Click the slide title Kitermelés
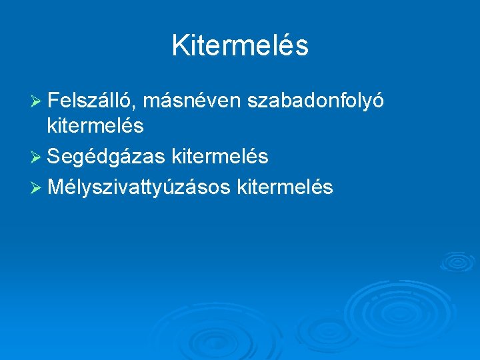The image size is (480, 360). (240, 46)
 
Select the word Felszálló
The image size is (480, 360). (91, 101)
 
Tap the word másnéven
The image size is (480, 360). (191, 101)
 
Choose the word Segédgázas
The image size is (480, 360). (106, 157)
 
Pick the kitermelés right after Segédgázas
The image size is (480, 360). (220, 157)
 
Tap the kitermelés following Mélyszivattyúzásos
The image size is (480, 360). (285, 188)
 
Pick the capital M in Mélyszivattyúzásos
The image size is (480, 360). (56, 188)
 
